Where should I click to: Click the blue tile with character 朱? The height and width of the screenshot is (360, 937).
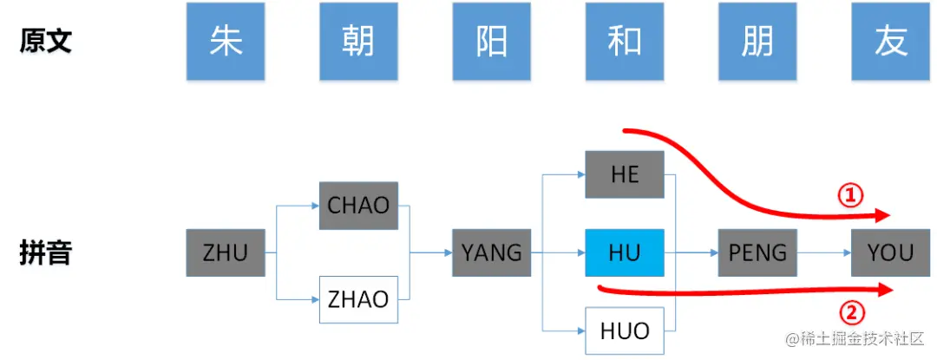[x=226, y=42]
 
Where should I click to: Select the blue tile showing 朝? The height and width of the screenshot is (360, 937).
[x=358, y=42]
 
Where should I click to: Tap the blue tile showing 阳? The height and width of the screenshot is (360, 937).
[x=491, y=42]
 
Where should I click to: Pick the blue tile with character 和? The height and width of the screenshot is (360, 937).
[x=625, y=42]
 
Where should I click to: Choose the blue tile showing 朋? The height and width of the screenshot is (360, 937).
[x=757, y=42]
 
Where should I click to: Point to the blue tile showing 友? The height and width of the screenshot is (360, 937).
[x=890, y=42]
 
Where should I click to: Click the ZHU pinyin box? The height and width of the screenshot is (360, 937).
[x=226, y=253]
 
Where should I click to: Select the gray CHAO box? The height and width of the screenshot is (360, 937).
[x=358, y=206]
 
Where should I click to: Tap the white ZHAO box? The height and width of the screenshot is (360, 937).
[x=358, y=300]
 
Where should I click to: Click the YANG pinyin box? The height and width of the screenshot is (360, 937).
[x=491, y=253]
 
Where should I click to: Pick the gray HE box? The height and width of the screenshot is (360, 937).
[x=625, y=174]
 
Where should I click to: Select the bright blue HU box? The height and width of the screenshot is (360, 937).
[x=625, y=253]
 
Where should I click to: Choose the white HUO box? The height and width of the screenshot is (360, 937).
[x=625, y=331]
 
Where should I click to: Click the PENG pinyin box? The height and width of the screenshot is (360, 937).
[x=757, y=253]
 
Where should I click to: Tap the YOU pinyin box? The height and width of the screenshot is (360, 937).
[x=890, y=253]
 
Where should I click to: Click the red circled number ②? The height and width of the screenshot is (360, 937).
[x=849, y=311]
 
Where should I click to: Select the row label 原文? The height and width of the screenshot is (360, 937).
[x=45, y=42]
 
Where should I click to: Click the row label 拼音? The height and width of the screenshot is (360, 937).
[x=45, y=253]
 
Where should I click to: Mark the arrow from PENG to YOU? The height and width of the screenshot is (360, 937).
[x=823, y=253]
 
